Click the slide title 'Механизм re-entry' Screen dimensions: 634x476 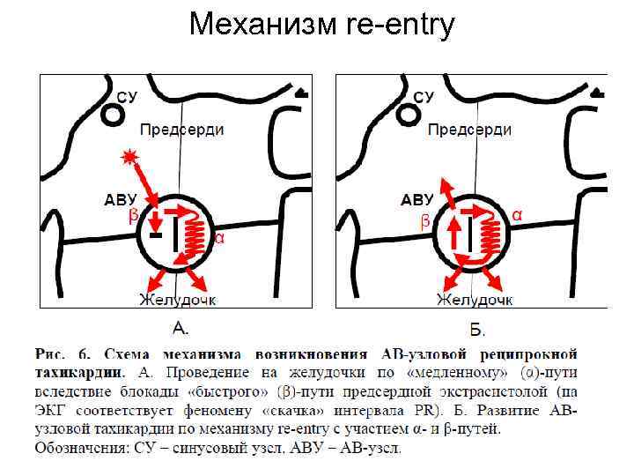[x=321, y=26]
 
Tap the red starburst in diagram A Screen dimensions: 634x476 [x=131, y=157]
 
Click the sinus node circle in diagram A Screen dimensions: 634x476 [x=113, y=114]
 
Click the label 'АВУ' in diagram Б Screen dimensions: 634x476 [x=417, y=200]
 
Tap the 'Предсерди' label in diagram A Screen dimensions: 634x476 [x=182, y=130]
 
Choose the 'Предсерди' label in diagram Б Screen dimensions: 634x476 [x=468, y=130]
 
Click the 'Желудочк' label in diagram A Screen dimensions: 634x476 [x=176, y=300]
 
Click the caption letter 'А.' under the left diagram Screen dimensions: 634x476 [x=180, y=329]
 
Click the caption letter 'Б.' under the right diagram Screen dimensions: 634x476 [x=477, y=331]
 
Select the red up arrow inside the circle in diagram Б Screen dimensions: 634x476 [x=454, y=235]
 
